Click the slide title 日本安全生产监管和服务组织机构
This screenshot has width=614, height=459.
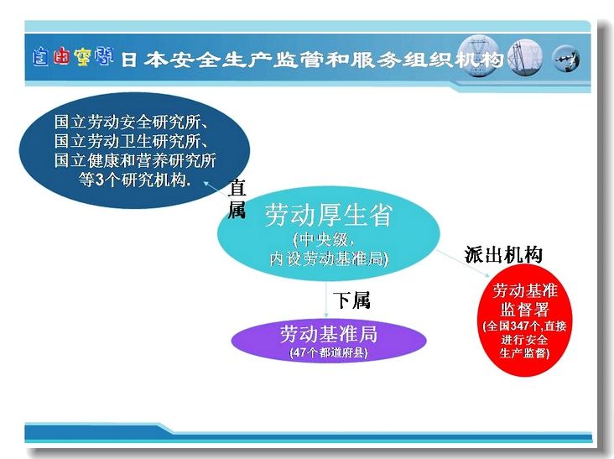[312, 59]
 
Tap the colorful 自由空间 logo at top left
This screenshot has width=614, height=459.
[73, 57]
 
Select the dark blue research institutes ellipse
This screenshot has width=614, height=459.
[134, 150]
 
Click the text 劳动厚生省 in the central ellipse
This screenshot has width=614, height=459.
[328, 215]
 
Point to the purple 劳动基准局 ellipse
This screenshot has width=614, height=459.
[329, 341]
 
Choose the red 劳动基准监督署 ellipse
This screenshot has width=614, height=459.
[524, 320]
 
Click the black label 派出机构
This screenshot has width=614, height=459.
[503, 254]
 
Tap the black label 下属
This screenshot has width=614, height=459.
[351, 300]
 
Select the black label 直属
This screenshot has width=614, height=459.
[237, 199]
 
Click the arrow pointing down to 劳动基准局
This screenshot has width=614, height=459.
[326, 299]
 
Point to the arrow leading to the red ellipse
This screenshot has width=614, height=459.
[463, 263]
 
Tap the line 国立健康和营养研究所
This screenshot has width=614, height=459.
[135, 160]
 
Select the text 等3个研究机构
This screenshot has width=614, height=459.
[134, 180]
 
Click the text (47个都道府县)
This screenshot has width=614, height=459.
[329, 352]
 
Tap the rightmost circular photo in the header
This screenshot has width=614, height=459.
[566, 60]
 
